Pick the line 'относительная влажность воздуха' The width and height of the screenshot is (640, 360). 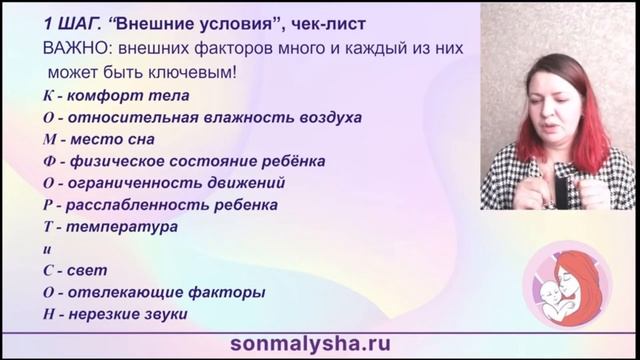190,117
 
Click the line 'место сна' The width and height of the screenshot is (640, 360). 115,139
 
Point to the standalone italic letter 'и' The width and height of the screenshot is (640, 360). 48,249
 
